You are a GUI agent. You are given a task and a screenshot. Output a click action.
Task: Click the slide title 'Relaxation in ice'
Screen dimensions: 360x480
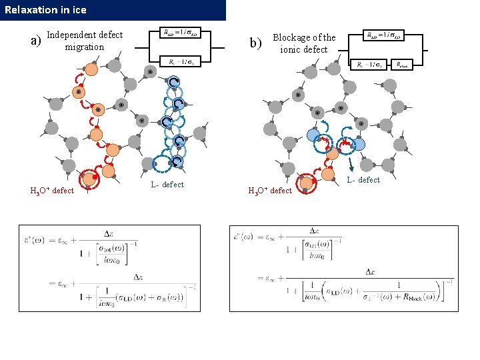pos(45,10)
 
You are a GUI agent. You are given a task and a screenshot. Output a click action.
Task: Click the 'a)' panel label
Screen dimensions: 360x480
pos(37,41)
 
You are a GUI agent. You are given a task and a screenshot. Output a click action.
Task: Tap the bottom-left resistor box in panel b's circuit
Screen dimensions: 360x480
pos(369,65)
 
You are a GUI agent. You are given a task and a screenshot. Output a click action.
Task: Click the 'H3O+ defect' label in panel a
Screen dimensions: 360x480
pos(52,191)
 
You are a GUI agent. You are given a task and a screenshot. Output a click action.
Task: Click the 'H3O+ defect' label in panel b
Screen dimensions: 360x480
pos(270,191)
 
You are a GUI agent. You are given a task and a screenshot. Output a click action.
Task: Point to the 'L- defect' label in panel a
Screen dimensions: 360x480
pos(167,185)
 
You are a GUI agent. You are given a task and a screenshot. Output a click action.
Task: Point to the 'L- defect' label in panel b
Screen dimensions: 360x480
pos(363,180)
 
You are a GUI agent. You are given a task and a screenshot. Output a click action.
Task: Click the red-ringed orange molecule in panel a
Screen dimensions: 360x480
pos(89,178)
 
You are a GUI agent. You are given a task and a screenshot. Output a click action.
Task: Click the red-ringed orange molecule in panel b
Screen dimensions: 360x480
pos(306,181)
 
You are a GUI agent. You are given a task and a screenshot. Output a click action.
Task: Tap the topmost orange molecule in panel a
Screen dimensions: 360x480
pos(91,69)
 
